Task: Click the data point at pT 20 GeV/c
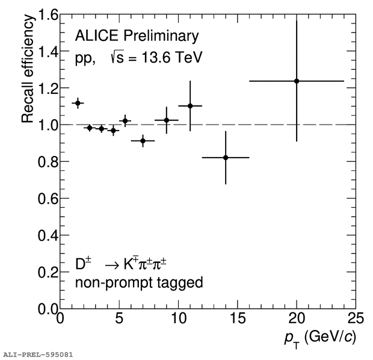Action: [297, 81]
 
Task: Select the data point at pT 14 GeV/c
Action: [226, 157]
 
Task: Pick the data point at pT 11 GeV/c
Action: [190, 106]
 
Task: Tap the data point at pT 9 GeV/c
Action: [167, 120]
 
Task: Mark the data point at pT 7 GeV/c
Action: [143, 141]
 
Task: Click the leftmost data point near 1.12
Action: [78, 103]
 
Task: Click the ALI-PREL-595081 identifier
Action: [37, 355]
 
